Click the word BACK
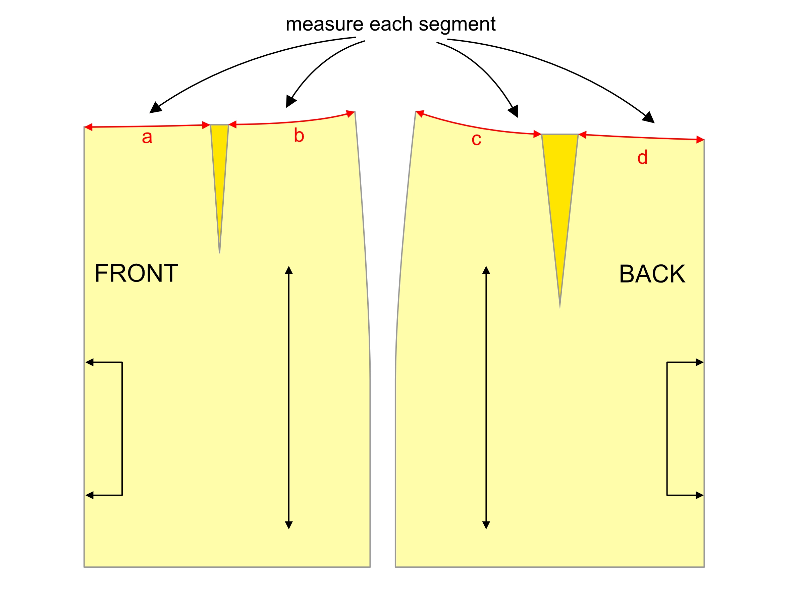click(x=652, y=274)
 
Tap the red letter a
click(x=147, y=137)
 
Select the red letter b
click(x=299, y=136)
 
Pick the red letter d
click(x=642, y=157)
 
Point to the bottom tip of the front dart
click(x=219, y=252)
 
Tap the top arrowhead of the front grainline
click(x=288, y=270)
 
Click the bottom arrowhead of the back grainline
click(x=486, y=524)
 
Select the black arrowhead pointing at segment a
click(x=155, y=108)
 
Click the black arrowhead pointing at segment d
click(x=649, y=117)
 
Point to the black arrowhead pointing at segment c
click(x=514, y=111)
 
